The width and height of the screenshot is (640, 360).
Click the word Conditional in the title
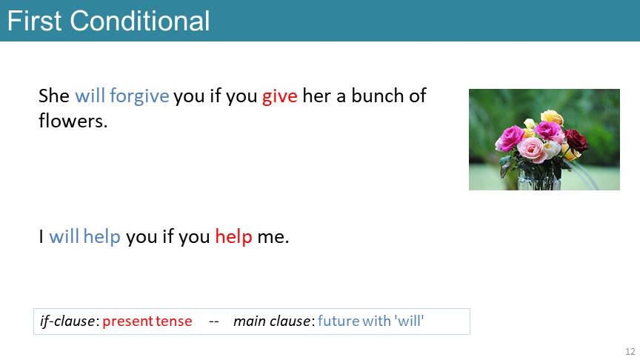pos(139,21)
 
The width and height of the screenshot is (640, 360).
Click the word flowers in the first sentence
pos(73,121)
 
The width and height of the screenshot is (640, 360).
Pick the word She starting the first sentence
pos(54,96)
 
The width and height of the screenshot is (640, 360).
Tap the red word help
pos(233,237)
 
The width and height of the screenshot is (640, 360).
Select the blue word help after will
pos(102,237)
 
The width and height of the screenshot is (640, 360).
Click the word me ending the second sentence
pos(273,237)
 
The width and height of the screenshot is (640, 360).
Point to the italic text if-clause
pos(67,321)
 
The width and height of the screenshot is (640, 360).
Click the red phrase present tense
pos(147,321)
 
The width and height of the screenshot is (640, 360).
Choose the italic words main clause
pos(271,321)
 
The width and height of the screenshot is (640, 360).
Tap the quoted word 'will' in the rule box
pos(409,321)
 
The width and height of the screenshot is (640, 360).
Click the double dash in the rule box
pos(214,321)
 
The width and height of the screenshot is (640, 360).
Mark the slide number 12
pos(630,351)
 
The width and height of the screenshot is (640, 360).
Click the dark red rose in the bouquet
pos(576,140)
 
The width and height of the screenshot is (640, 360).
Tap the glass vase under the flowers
pos(539,179)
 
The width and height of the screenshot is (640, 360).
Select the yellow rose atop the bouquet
pos(552,117)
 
